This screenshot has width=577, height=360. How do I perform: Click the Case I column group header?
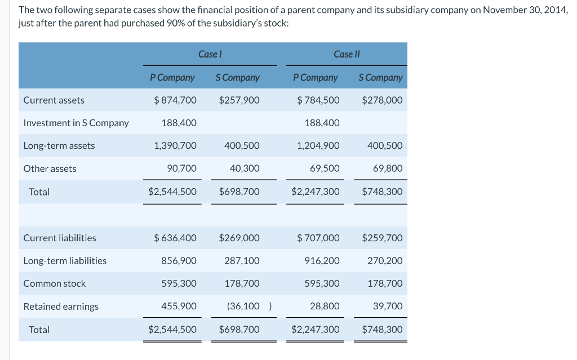click(210, 54)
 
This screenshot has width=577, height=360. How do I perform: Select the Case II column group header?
click(347, 54)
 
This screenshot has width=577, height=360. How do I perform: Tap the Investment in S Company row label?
click(76, 123)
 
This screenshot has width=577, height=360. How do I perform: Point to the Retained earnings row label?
click(61, 306)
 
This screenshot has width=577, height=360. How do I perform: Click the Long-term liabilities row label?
click(65, 261)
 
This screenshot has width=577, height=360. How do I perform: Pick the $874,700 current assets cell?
click(175, 100)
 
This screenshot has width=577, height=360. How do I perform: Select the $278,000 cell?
click(382, 100)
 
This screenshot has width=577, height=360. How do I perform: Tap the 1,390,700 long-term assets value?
click(175, 146)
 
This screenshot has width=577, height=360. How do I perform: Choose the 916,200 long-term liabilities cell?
click(322, 261)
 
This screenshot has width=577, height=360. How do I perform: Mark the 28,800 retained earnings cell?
click(325, 306)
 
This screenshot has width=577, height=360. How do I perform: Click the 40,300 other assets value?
click(245, 168)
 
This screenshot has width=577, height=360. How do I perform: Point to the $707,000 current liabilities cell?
click(318, 238)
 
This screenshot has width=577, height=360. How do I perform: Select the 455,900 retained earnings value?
click(179, 306)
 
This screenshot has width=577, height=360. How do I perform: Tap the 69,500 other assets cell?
click(325, 168)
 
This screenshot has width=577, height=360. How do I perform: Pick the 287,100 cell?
click(242, 261)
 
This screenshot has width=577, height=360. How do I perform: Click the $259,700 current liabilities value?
click(382, 238)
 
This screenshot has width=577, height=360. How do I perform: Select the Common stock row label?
click(55, 284)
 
